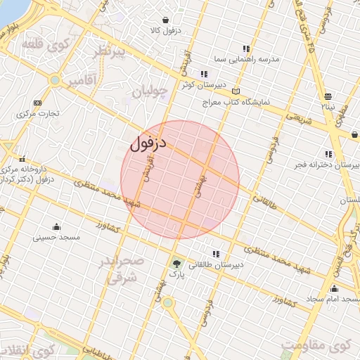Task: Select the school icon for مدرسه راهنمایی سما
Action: click(245, 49)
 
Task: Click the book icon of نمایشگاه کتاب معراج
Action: click(236, 91)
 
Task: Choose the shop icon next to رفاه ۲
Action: click(328, 96)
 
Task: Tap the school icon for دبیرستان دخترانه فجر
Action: click(328, 153)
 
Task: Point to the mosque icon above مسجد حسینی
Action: click(56, 226)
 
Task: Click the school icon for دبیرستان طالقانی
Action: click(215, 254)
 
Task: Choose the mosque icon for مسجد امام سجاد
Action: click(333, 288)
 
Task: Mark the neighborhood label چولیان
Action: click(150, 91)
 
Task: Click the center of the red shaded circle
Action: click(180, 180)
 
